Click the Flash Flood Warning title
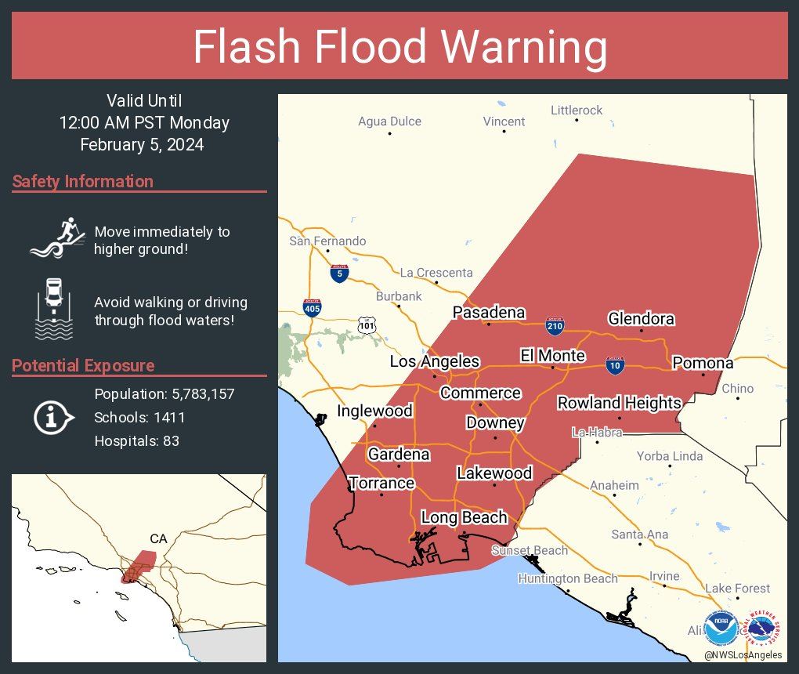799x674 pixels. [399, 47]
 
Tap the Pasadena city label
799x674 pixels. [489, 313]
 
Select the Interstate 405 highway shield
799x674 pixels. [311, 307]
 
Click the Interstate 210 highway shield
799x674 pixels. [555, 324]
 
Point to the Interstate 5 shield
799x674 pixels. [338, 274]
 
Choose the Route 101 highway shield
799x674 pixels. [366, 324]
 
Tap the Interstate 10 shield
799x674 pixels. [615, 364]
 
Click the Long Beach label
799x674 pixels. [464, 518]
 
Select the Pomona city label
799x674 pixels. [703, 363]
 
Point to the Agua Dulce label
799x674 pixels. [389, 121]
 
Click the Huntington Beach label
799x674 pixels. [567, 578]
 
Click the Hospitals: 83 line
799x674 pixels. [136, 441]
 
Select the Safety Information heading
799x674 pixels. [83, 182]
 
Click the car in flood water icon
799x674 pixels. [53, 309]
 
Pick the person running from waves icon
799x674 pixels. [56, 238]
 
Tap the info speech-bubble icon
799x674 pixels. [52, 418]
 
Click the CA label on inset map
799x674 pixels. [159, 538]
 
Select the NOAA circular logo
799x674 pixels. [721, 628]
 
